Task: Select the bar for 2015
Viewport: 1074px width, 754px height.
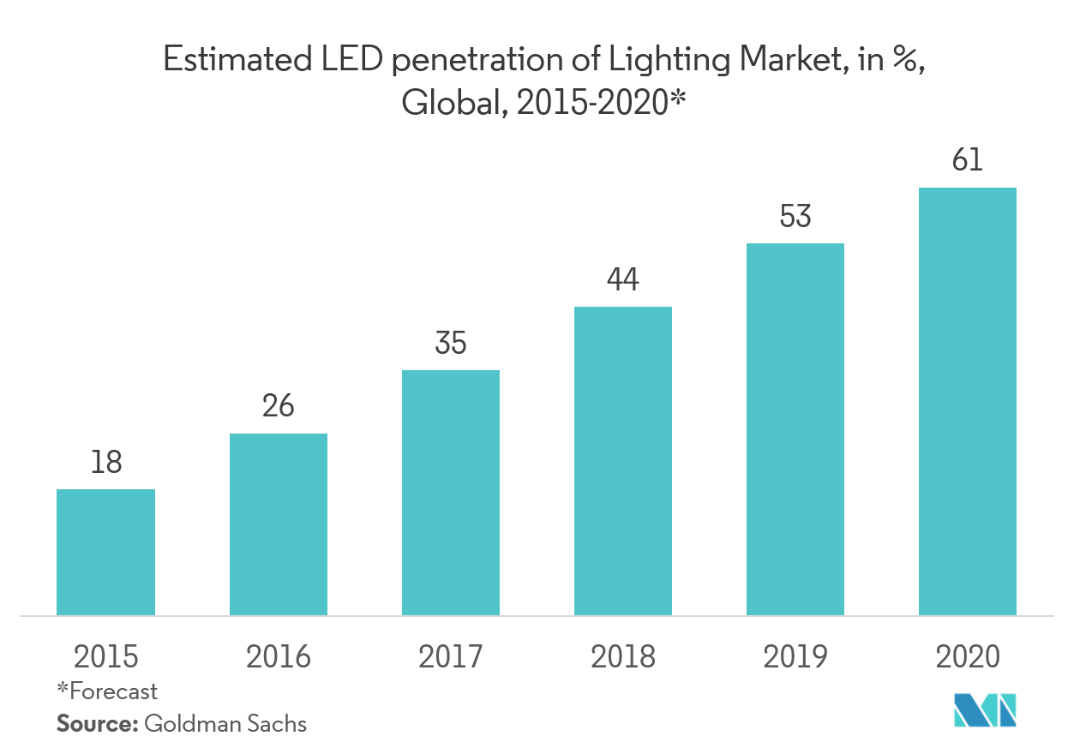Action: click(x=105, y=552)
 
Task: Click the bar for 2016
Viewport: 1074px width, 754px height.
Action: click(x=278, y=524)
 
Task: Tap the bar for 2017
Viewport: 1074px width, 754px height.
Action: click(x=450, y=492)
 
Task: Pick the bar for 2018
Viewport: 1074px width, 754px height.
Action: click(x=622, y=460)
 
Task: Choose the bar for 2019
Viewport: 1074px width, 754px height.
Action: click(x=795, y=428)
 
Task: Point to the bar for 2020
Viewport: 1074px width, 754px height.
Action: click(x=967, y=401)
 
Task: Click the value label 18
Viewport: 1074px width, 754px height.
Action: click(x=105, y=463)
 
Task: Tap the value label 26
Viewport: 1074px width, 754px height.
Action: click(x=278, y=406)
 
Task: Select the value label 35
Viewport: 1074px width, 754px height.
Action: click(x=450, y=344)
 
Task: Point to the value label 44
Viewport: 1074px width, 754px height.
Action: click(x=622, y=280)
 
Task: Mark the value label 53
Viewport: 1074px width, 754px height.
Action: click(x=795, y=217)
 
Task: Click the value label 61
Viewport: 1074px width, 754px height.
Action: click(x=967, y=160)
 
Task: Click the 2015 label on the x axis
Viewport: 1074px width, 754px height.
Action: click(x=105, y=657)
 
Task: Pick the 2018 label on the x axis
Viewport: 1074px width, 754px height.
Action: click(x=622, y=657)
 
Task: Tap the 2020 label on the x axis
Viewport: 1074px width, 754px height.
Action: click(x=967, y=657)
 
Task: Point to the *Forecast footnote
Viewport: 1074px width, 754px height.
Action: click(x=107, y=691)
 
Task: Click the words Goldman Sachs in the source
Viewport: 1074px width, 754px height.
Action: click(x=225, y=723)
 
